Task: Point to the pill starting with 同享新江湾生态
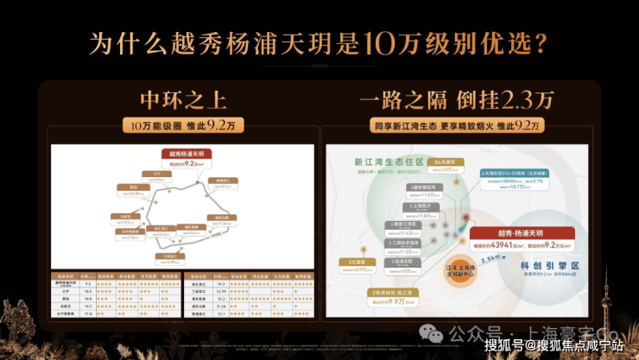click(456, 126)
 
